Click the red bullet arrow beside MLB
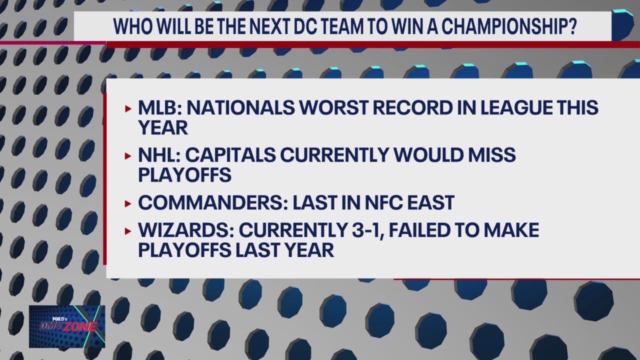[128, 108]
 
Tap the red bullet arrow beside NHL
[128, 156]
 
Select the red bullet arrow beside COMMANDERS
[128, 203]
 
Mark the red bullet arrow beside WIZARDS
[128, 231]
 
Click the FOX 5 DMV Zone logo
[67, 326]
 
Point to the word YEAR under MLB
[163, 127]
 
